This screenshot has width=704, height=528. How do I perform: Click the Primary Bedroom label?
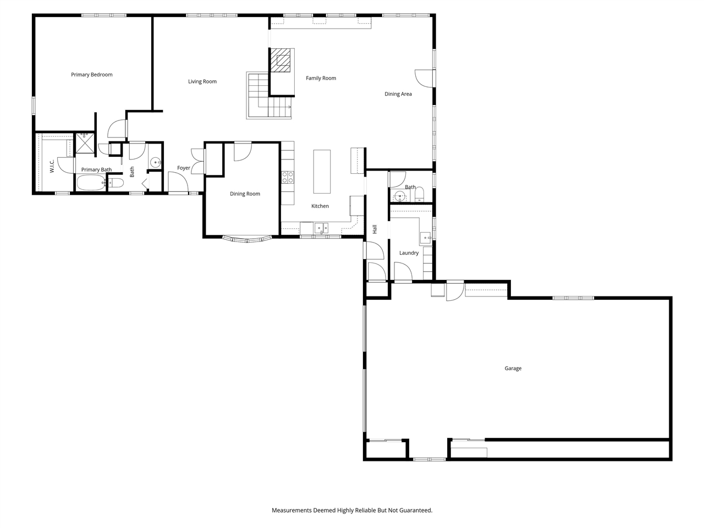coord(92,75)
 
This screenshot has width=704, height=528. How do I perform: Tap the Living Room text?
coord(202,82)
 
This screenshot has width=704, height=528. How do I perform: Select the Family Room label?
coord(321,79)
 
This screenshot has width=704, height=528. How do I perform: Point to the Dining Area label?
coord(398,94)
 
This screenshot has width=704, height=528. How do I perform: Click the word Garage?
coord(513,369)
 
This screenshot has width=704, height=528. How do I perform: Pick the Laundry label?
coord(409,253)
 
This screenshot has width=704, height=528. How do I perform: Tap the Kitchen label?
coord(320,206)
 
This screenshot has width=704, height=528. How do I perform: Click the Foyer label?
coord(184,168)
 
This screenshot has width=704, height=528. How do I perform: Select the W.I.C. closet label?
coord(52,166)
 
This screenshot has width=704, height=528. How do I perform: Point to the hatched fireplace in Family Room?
coord(282,61)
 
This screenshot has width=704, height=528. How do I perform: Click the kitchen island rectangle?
coord(322,172)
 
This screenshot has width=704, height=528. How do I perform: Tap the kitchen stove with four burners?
coord(288,177)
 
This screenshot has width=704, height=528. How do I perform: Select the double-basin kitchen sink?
coord(321,228)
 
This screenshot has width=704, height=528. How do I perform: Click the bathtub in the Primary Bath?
coord(91,183)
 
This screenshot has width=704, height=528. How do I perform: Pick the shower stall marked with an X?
coord(85,143)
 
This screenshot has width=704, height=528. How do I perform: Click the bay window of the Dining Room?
coord(247,239)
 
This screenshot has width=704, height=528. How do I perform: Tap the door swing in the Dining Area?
coord(424,78)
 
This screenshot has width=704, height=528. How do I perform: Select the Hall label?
coord(375,229)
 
